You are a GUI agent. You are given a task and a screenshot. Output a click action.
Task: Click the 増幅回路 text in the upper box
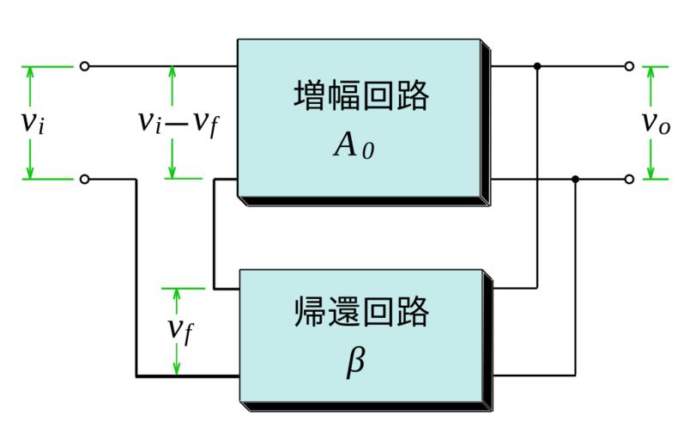pyautogui.click(x=360, y=97)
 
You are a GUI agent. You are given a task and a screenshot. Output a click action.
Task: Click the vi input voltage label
pyautogui.click(x=33, y=122)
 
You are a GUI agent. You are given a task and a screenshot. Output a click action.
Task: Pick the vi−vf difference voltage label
pyautogui.click(x=177, y=122)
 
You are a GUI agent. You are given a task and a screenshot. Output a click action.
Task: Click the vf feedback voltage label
pyautogui.click(x=179, y=329)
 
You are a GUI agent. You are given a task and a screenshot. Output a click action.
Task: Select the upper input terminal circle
pyautogui.click(x=84, y=65)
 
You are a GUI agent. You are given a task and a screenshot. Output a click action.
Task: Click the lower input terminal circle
pyautogui.click(x=84, y=179)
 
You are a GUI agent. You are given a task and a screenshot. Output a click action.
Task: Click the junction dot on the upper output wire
pyautogui.click(x=537, y=65)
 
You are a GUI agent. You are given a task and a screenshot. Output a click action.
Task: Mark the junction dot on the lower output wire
pyautogui.click(x=575, y=179)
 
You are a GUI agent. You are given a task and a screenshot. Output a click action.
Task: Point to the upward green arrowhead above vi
pyautogui.click(x=30, y=72)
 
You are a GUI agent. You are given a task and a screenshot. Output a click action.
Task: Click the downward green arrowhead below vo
pyautogui.click(x=650, y=172)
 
